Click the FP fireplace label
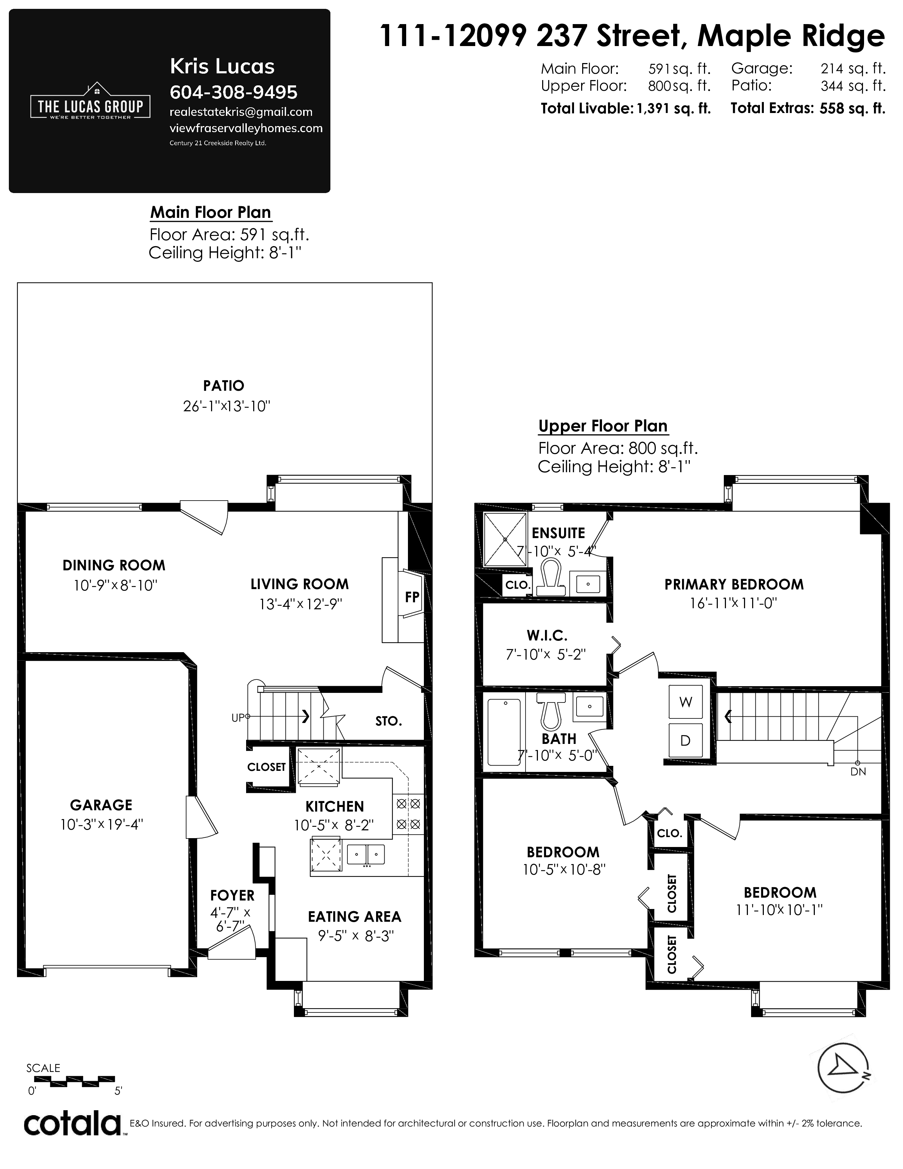click(x=411, y=597)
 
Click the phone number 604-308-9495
click(x=233, y=92)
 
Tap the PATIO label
click(x=223, y=385)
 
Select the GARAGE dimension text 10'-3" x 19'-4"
click(x=102, y=824)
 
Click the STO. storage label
click(x=388, y=721)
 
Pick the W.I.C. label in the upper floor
click(x=547, y=636)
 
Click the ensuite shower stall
click(x=505, y=540)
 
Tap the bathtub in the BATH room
click(x=504, y=732)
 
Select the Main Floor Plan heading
click(x=211, y=213)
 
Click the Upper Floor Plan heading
click(x=603, y=426)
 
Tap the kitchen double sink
click(x=366, y=854)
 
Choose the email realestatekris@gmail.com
click(x=241, y=112)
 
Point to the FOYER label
click(x=232, y=896)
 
